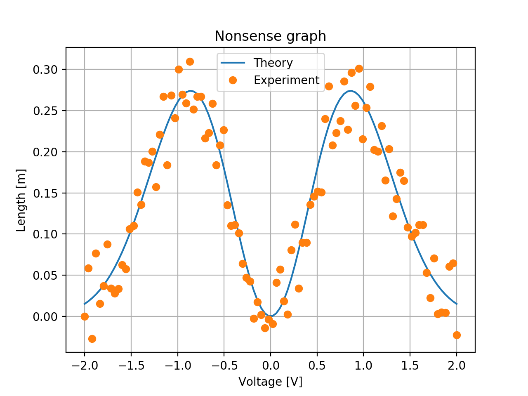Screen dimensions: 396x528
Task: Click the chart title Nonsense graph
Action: click(270, 36)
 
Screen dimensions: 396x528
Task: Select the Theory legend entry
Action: click(273, 63)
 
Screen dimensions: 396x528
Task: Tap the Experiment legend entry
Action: click(286, 80)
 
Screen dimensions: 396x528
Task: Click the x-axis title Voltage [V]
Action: click(270, 382)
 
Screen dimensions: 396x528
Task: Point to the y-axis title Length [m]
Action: click(21, 200)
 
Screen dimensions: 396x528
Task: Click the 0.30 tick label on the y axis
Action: click(45, 69)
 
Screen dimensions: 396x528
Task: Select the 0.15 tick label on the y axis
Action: click(45, 193)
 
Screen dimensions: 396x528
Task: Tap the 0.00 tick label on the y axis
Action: click(45, 316)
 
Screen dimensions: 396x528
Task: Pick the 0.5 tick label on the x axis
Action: click(317, 366)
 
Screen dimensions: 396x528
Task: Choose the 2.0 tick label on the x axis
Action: click(456, 366)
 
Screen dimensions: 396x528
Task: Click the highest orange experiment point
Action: click(190, 61)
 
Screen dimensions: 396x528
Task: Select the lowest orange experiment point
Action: click(92, 339)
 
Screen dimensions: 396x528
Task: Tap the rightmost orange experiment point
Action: click(457, 335)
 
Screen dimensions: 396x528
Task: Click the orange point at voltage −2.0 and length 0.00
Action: click(85, 316)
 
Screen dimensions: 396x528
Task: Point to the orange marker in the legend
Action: click(233, 80)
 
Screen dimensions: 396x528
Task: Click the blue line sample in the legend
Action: click(233, 63)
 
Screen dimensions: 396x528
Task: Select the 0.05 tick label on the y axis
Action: click(45, 275)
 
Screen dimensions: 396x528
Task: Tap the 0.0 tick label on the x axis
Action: click(270, 366)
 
